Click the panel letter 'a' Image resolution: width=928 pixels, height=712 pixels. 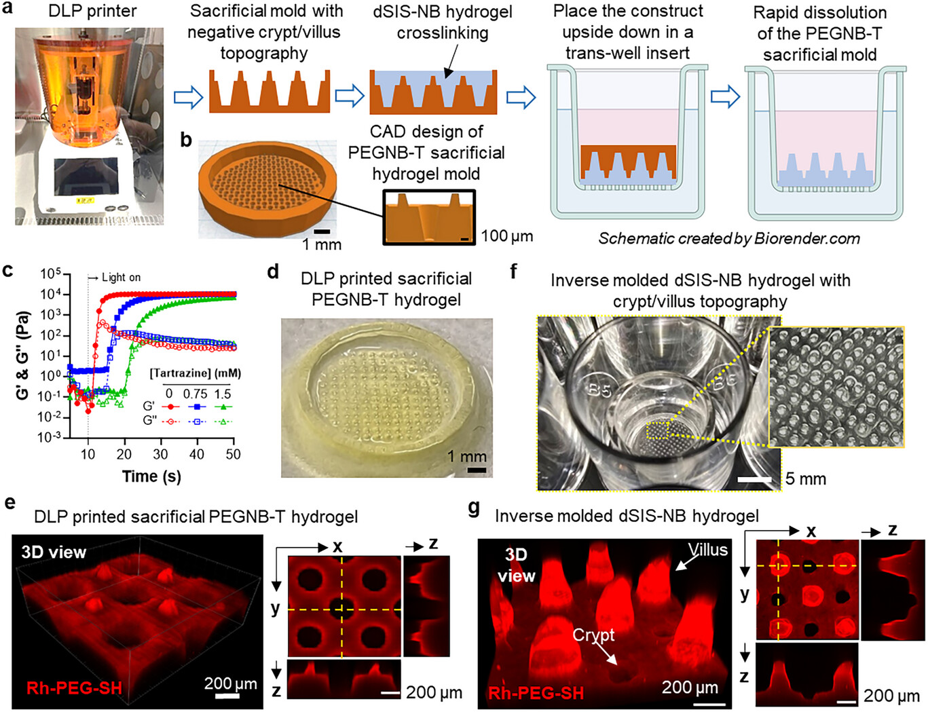pos(7,12)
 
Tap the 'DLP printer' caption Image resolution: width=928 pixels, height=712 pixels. pos(92,12)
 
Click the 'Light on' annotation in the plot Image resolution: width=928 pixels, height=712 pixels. pos(121,277)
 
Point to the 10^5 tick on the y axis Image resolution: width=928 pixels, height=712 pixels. pos(50,274)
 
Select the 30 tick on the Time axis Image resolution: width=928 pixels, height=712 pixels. pos(160,454)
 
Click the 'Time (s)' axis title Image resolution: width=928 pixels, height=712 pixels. pos(151,476)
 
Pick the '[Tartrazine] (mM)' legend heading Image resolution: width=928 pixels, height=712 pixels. pos(196,373)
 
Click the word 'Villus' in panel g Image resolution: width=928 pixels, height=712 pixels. pos(707,550)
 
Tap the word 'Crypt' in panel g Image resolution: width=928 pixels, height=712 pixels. pos(593,635)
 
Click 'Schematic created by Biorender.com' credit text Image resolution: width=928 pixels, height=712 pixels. pos(728,238)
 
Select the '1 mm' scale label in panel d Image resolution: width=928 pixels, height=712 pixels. pos(466,456)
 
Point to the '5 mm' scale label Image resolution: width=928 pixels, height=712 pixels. pos(806,479)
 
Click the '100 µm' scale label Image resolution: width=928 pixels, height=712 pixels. pos(507,236)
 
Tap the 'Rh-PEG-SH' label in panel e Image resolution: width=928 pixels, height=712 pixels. pos(74,688)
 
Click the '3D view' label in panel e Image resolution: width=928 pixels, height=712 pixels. pos(54,552)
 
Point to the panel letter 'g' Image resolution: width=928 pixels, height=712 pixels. pos(474,508)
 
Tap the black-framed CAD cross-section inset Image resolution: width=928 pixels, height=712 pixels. pos(428,217)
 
